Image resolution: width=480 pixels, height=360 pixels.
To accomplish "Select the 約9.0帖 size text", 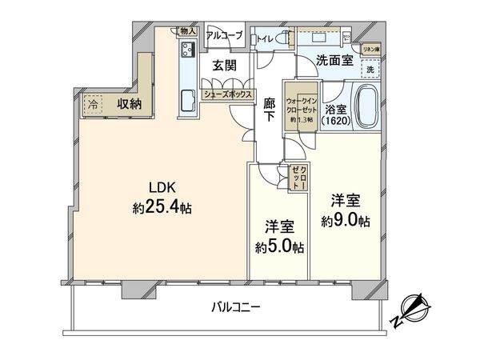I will click(346, 219).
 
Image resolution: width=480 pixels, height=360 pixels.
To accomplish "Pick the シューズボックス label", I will click(226, 94).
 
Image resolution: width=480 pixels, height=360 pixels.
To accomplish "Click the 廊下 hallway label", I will click(270, 108).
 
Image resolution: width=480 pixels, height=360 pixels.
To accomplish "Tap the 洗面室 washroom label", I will click(324, 61).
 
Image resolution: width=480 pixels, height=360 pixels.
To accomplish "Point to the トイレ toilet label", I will click(264, 38).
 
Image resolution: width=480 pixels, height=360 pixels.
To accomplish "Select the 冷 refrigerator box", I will click(94, 104).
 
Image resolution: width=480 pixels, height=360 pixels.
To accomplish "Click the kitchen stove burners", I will click(188, 50).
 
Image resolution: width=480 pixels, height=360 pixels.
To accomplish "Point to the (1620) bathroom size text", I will click(336, 121).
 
